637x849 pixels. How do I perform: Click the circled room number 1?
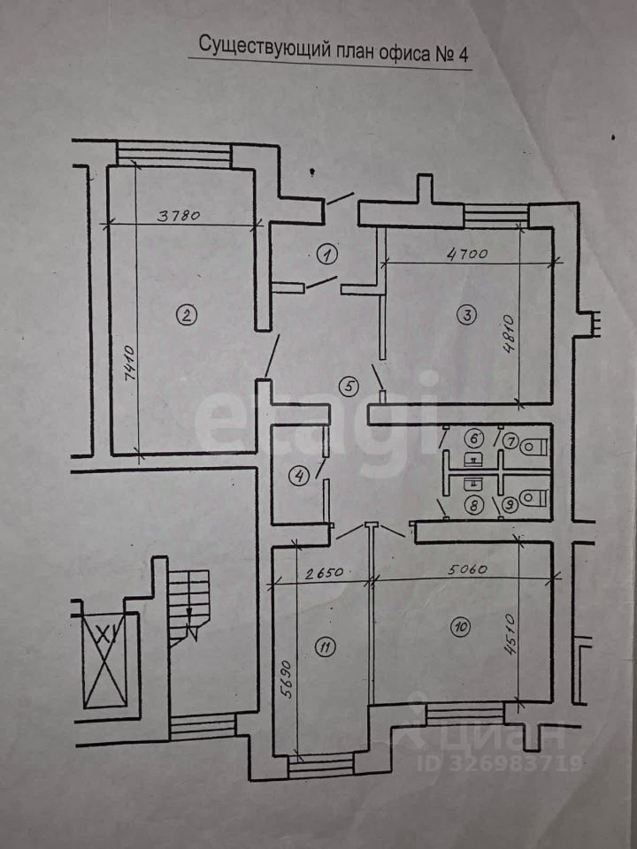[328, 256]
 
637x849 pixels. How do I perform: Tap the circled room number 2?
[186, 314]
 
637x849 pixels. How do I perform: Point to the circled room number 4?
[301, 476]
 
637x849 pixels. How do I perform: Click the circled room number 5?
[350, 386]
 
